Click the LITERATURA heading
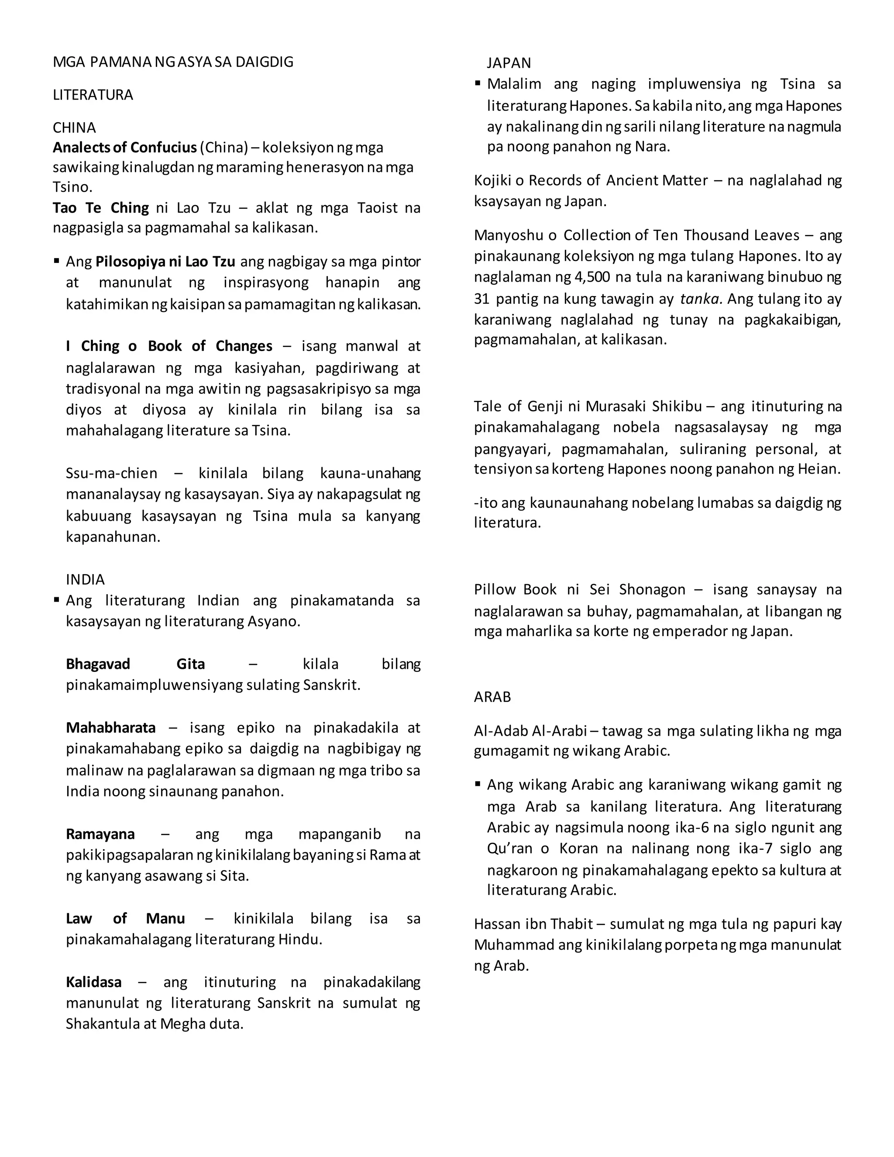(x=93, y=95)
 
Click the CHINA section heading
(x=74, y=127)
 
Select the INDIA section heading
(x=85, y=579)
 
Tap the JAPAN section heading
(x=509, y=63)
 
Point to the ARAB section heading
(x=492, y=697)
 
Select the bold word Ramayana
(x=100, y=834)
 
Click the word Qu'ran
(x=509, y=848)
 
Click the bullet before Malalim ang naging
(x=478, y=83)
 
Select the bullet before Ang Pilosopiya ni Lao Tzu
(x=56, y=261)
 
